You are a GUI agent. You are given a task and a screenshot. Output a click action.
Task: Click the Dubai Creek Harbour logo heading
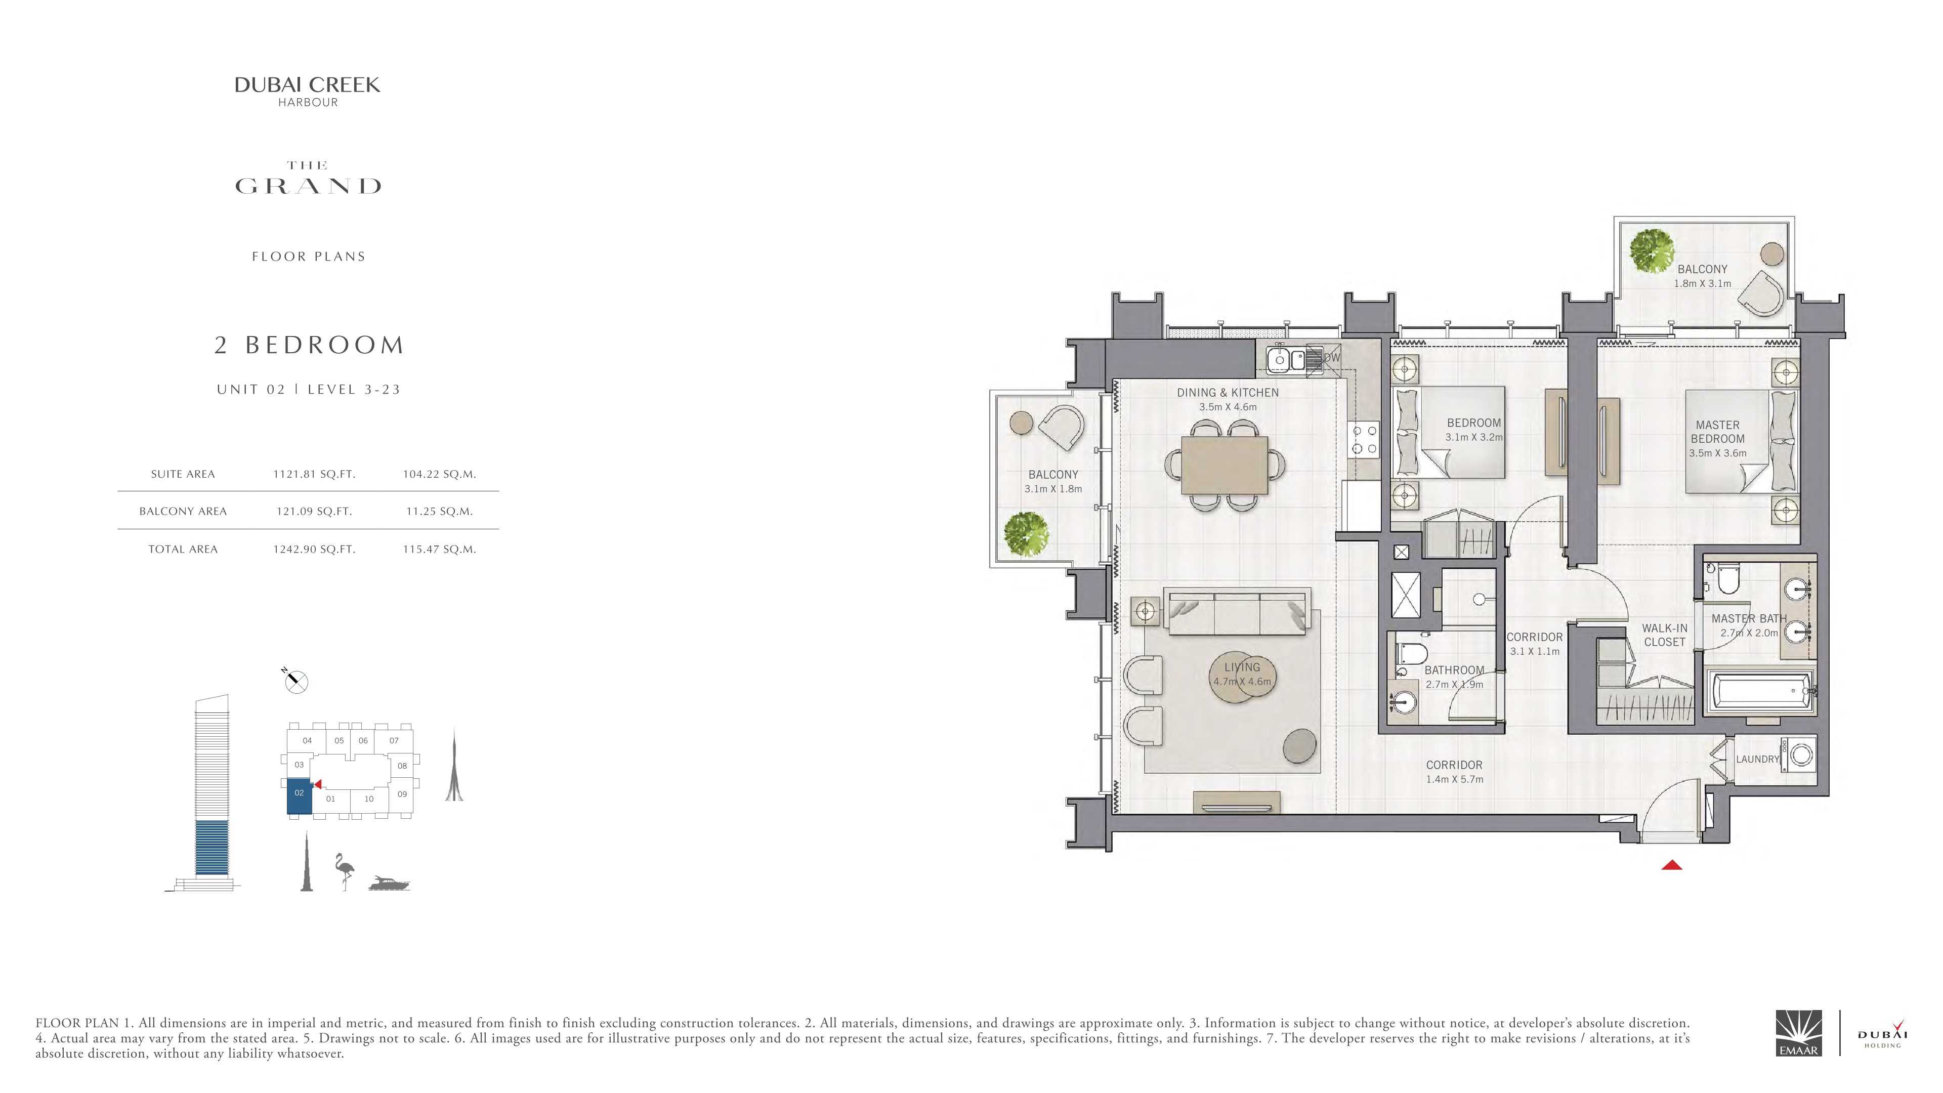point(307,91)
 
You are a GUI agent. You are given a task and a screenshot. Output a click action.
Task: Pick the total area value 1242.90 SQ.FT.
point(314,549)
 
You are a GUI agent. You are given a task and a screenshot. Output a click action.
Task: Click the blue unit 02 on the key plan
point(300,796)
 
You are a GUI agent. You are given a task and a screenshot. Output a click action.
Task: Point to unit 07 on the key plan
point(394,741)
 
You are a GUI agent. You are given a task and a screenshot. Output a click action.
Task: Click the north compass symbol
point(295,681)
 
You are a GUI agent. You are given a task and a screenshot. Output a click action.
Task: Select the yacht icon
point(389,884)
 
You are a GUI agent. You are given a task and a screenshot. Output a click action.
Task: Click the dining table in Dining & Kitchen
point(1225,466)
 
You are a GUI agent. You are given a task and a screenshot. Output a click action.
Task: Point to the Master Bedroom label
point(1717,432)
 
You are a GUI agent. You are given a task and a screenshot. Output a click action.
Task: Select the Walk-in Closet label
point(1665,635)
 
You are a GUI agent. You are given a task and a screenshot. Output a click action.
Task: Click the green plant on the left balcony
point(1027,534)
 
